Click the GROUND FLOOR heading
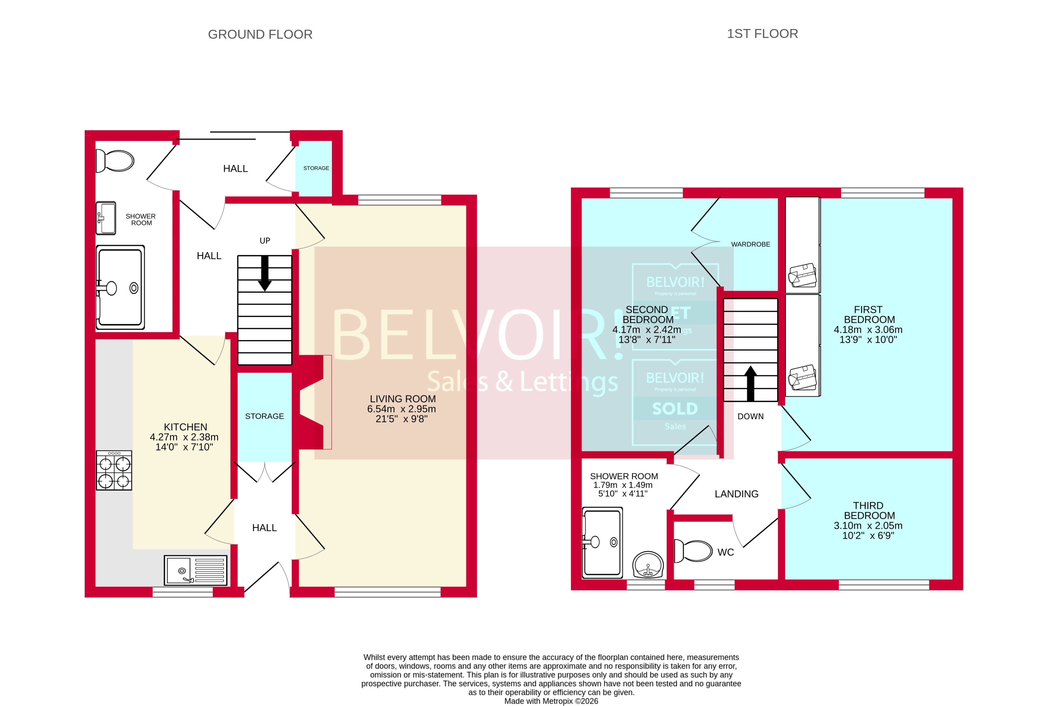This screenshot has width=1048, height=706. pos(260,35)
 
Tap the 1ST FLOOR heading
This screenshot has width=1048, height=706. pos(762,34)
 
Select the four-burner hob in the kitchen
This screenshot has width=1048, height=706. pos(114,470)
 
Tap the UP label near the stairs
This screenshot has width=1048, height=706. pos(265,241)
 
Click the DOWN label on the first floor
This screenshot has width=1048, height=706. pos(750,417)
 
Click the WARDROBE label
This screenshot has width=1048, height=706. pos(750,245)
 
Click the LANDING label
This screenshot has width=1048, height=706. pos(736,494)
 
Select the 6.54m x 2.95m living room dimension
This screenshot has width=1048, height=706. pos(401,409)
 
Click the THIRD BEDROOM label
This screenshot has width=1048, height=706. pos(868,511)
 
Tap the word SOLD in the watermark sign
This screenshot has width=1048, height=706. pos(675,409)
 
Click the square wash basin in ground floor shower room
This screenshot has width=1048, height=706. pos(106,218)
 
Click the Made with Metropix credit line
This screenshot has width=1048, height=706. pos(551,701)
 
